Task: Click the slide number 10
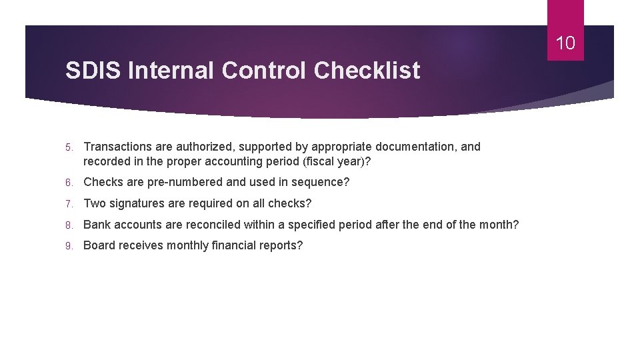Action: pos(565,44)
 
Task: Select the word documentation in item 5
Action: pos(414,147)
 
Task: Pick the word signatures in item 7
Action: pos(139,203)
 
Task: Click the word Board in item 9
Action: pos(99,245)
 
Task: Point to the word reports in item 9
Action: pos(282,245)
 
